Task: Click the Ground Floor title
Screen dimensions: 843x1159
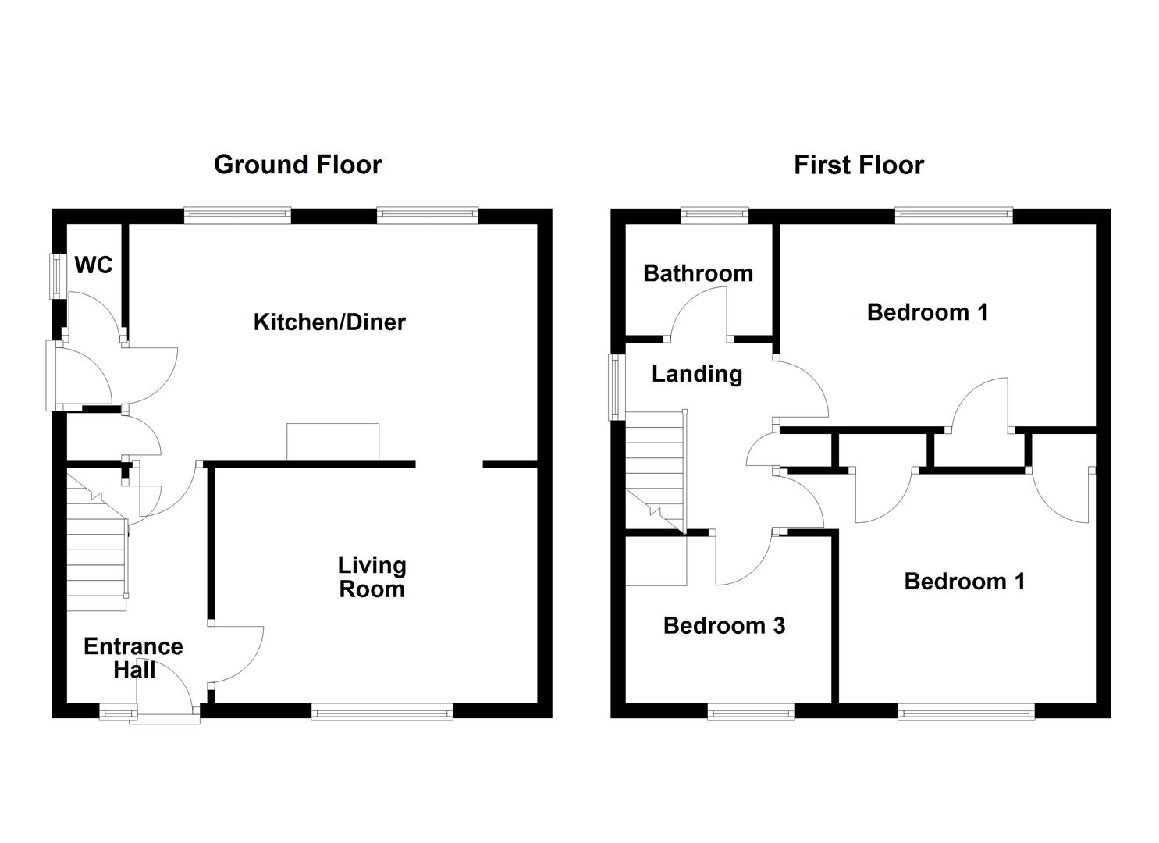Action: [x=297, y=165]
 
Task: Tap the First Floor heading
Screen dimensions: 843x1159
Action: [x=859, y=165]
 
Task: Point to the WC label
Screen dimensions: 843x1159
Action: [x=94, y=265]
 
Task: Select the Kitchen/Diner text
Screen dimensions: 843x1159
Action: [x=329, y=322]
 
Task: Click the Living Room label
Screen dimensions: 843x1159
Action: [x=372, y=577]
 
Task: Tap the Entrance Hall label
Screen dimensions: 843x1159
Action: [x=133, y=658]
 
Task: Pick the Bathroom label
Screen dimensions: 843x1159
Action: [x=698, y=273]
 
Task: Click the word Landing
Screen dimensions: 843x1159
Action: [x=697, y=374]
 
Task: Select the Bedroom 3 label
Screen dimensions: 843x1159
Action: [x=724, y=625]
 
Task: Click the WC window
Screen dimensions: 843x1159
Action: [x=57, y=275]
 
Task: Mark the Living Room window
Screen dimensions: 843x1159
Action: [x=382, y=710]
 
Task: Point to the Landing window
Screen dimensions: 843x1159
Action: [x=616, y=387]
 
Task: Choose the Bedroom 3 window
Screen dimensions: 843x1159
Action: [x=751, y=710]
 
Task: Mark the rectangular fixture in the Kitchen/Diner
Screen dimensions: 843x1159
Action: [x=332, y=442]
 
